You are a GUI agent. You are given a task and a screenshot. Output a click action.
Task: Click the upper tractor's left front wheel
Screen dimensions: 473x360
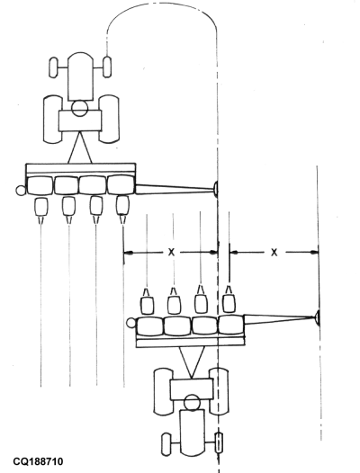pos(53,67)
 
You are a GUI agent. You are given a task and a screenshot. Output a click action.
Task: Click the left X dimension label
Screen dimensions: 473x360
pos(169,253)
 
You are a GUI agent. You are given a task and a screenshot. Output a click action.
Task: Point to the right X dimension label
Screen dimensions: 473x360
pos(273,253)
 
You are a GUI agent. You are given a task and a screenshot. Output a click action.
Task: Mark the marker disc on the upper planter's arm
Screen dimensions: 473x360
pos(216,188)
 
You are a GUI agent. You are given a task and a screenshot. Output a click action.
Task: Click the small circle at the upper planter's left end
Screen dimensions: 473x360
pos(20,190)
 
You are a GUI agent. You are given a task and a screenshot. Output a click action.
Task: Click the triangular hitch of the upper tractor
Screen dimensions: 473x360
pos(81,147)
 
